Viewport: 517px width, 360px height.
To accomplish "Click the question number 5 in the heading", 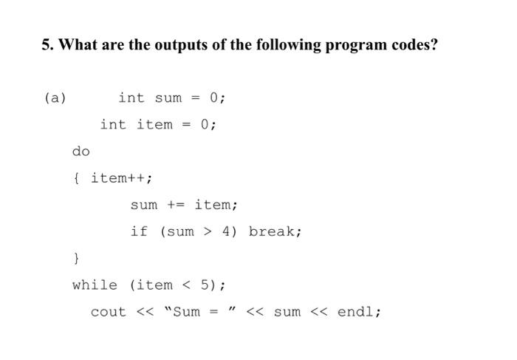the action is (46, 45).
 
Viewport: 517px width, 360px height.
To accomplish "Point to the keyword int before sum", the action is (131, 98).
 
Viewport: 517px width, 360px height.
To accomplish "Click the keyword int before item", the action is (113, 125).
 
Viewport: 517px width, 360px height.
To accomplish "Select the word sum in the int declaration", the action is (168, 98).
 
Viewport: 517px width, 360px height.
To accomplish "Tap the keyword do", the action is (81, 152).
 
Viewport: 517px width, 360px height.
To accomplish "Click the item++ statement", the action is (122, 178).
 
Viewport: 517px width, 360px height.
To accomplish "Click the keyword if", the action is (140, 231).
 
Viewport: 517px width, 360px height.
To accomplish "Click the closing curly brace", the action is (76, 258).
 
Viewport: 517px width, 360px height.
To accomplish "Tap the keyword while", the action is (95, 285).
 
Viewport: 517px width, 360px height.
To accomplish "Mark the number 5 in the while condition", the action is (205, 285).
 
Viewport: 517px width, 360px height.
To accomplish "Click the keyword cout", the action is (109, 312).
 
